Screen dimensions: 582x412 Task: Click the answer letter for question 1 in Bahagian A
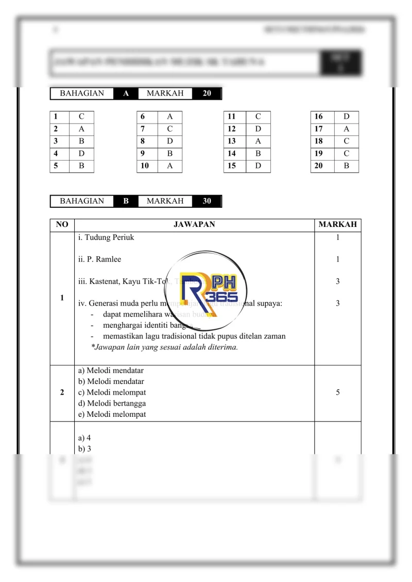point(81,117)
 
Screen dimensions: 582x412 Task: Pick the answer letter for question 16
point(346,117)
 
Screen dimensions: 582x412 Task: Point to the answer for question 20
point(346,166)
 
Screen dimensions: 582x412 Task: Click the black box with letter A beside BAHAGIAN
point(126,94)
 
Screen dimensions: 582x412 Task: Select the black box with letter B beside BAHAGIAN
point(126,201)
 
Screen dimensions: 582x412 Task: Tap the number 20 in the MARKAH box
point(207,94)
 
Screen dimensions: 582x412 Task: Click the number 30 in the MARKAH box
point(207,201)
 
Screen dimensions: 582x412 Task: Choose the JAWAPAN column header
point(194,225)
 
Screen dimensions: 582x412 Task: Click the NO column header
point(62,225)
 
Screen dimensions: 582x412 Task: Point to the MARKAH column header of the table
point(337,225)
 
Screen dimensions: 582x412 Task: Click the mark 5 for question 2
point(337,393)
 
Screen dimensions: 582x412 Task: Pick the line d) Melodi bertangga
point(112,403)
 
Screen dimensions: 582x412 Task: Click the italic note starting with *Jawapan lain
point(164,347)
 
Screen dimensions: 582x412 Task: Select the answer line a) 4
point(84,438)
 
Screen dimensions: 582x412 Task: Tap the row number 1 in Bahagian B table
point(62,298)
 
